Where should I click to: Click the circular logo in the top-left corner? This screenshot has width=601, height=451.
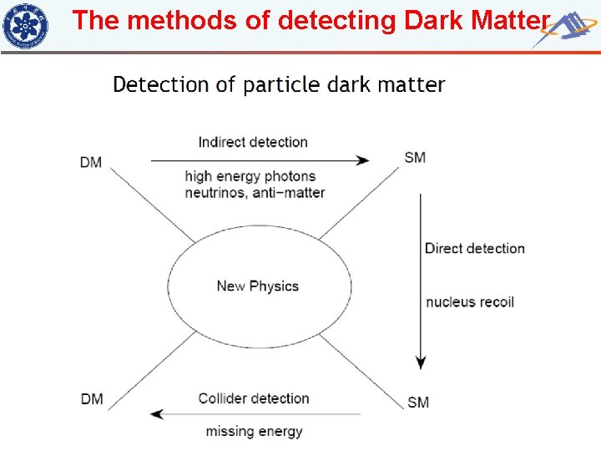(25, 25)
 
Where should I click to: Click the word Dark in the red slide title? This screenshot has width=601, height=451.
(434, 20)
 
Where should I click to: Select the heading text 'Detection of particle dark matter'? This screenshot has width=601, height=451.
(279, 84)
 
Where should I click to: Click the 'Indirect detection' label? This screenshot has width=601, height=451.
(253, 142)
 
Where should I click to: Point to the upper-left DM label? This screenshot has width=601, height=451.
(91, 162)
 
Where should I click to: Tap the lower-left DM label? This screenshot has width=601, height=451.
(91, 399)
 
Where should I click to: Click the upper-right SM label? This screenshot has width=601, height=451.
(415, 158)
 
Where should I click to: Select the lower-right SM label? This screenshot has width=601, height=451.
(418, 403)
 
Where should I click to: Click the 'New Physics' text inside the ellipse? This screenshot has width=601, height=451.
(257, 286)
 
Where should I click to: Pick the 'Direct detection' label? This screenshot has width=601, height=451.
(474, 248)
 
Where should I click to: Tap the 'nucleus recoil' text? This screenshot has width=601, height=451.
(470, 302)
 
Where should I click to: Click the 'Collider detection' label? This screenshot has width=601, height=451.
(254, 398)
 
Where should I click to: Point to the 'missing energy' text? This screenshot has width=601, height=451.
(254, 432)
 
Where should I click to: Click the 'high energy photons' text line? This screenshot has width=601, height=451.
(250, 176)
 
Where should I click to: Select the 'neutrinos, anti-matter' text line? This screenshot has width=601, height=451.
(255, 192)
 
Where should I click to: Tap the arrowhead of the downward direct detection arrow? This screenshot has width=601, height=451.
(422, 362)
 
